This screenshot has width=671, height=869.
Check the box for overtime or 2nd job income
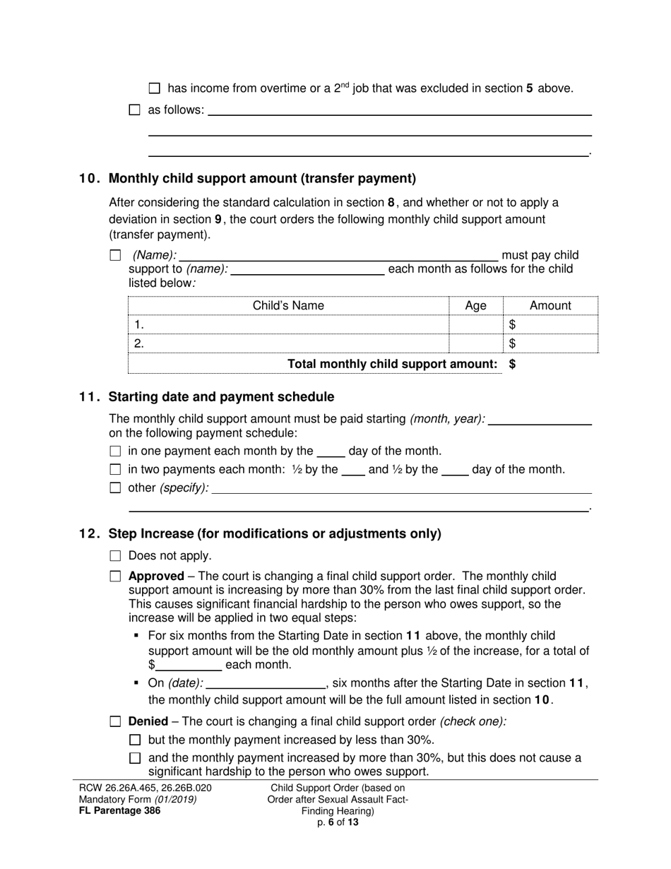pos(155,89)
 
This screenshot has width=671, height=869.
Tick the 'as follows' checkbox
pos(135,110)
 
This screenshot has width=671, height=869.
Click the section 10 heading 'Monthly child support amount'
pos(262,178)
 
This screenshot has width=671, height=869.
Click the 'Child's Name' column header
pos(288,306)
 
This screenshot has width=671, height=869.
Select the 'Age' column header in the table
pos(476,306)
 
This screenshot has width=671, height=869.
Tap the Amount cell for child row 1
pos(551,325)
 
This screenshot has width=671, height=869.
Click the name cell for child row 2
pos(288,344)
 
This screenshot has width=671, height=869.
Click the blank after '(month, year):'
pos(540,419)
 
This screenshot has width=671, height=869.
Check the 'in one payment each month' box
pos(116,451)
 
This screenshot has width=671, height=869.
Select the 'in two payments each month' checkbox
pos(116,470)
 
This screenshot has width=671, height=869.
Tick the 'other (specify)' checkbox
pos(116,488)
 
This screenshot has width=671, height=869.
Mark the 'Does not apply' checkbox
pos(116,556)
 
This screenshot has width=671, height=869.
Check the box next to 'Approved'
pos(116,577)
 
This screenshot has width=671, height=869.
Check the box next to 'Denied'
pos(116,722)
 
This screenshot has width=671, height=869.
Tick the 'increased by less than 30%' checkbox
pos(136,740)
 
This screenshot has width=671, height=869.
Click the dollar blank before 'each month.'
pos(188,665)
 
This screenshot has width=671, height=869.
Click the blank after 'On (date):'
pos(265,683)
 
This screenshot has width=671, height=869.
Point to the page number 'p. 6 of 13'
pos(338,822)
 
